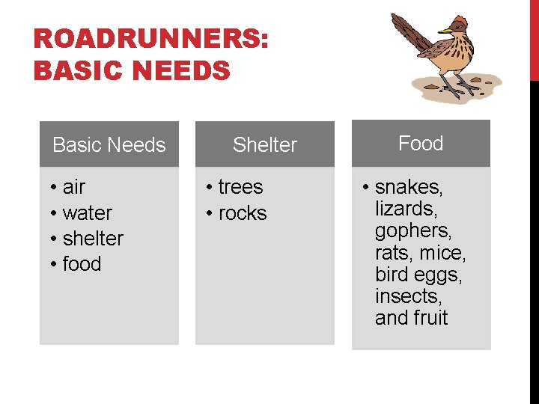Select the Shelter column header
265,144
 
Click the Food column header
421,143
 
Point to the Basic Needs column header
109,144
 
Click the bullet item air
74,187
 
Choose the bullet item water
87,213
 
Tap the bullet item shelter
93,239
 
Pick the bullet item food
82,264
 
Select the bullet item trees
240,187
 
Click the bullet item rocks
243,213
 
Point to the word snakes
409,187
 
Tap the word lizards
405,209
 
